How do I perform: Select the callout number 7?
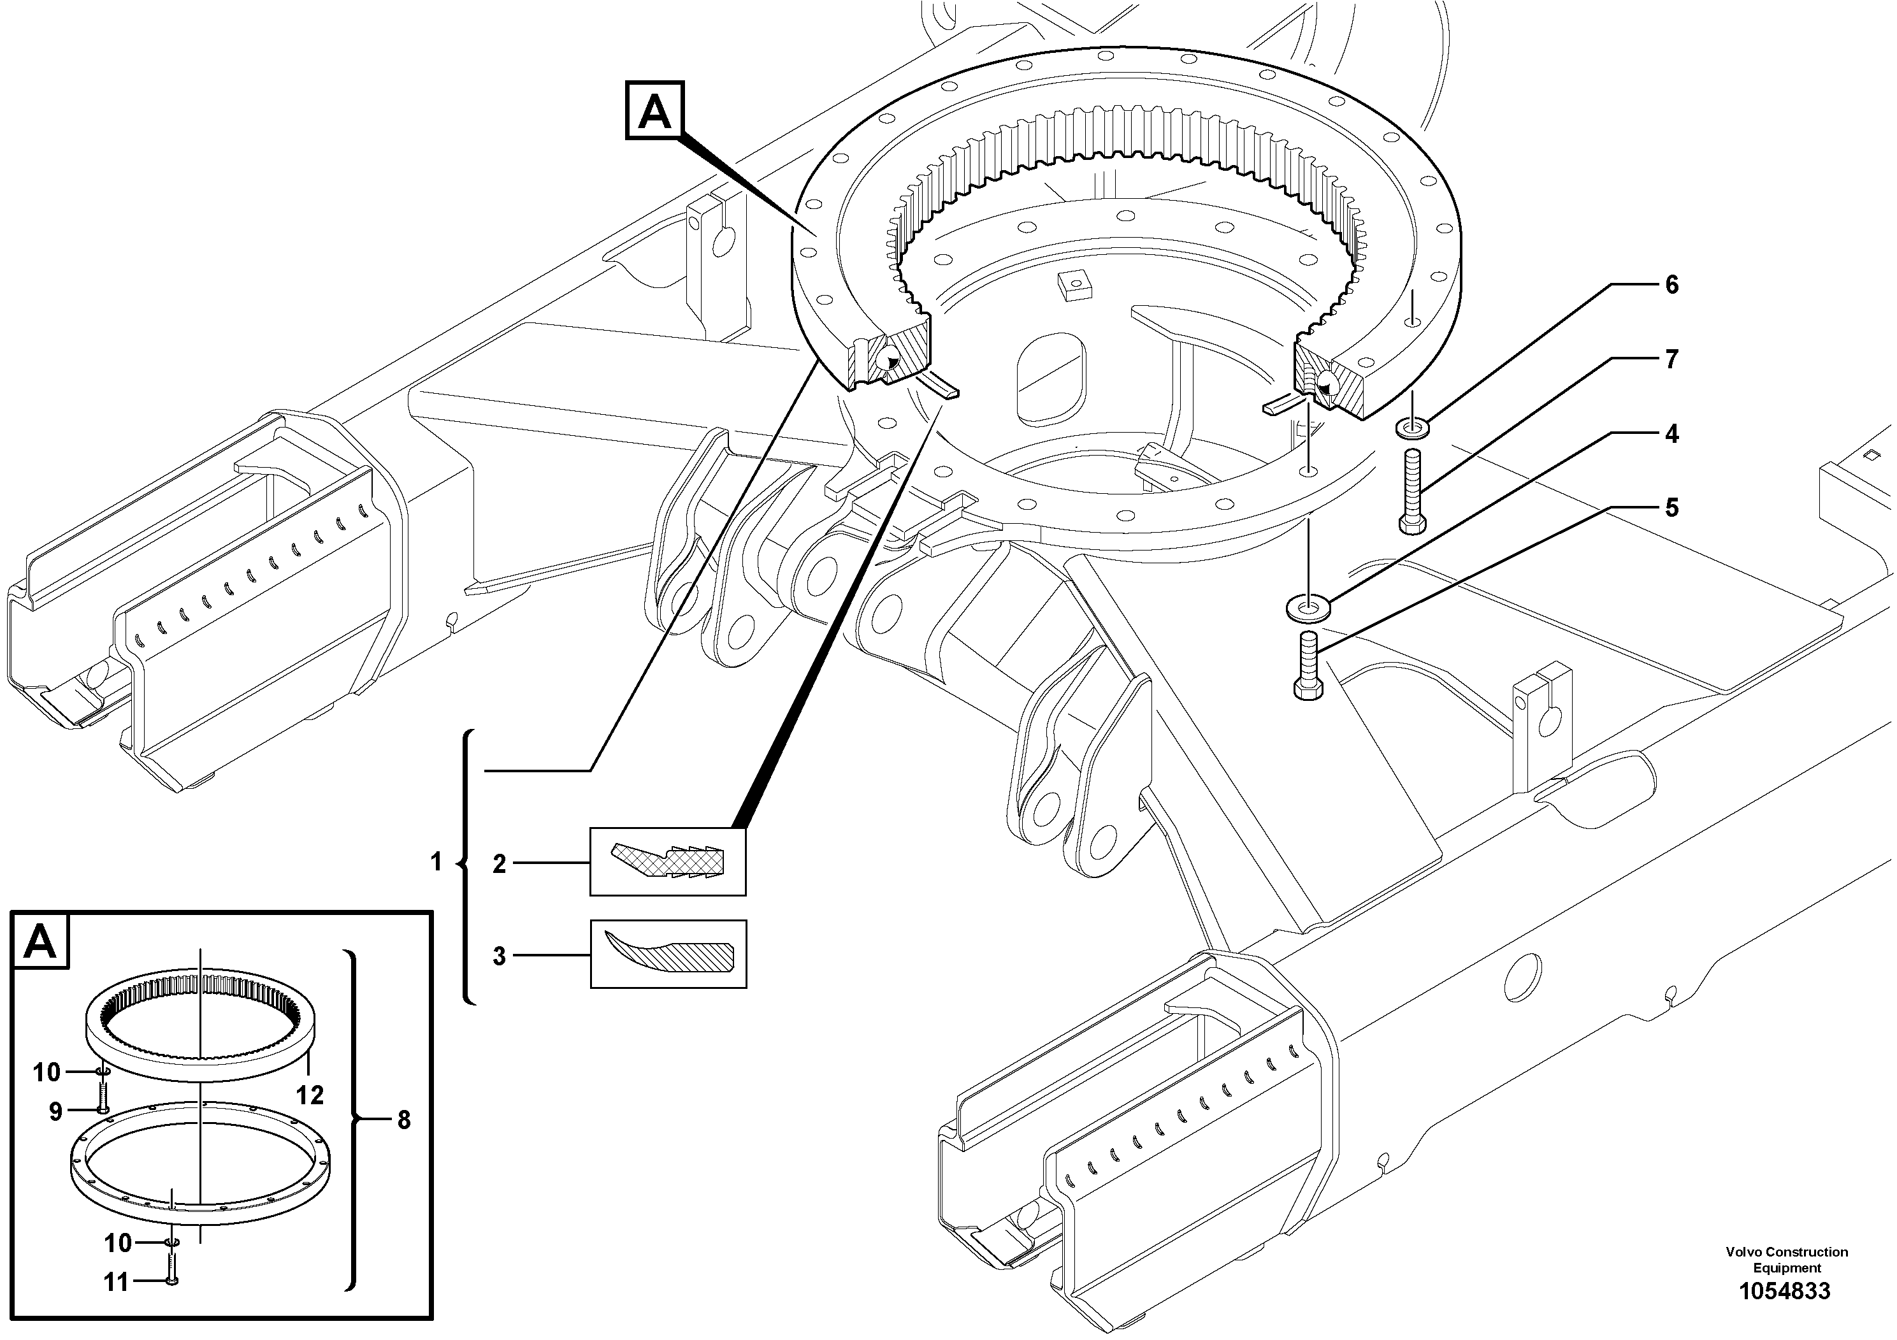pos(1671,359)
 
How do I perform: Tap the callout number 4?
pos(1671,434)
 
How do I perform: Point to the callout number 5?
pos(1671,507)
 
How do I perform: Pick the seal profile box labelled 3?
pos(668,955)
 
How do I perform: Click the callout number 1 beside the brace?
pos(437,863)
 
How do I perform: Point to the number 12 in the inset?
pos(310,1095)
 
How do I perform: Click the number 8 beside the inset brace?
pos(404,1120)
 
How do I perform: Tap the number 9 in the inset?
pos(56,1112)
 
